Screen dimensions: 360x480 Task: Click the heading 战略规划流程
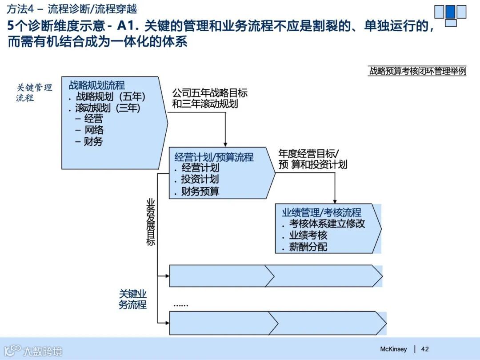point(97,85)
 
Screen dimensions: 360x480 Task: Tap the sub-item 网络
point(94,130)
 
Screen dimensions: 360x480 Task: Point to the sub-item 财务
point(93,141)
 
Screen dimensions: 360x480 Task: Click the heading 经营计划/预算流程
point(214,157)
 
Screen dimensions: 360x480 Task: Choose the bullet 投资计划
point(200,180)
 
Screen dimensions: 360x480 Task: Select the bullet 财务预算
point(200,192)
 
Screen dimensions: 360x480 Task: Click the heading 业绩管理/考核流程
point(322,212)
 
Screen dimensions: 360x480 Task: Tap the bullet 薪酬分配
point(308,247)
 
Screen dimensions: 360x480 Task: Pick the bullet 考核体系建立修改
point(327,224)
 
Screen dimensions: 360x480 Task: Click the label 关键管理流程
point(34,92)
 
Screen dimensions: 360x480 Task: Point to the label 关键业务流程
point(132,300)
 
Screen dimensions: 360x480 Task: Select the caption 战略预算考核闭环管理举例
point(417,71)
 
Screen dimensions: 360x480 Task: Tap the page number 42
point(425,349)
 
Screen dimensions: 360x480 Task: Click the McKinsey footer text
point(393,349)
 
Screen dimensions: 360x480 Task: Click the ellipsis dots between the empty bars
point(180,305)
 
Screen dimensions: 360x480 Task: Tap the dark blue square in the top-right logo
point(450,12)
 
